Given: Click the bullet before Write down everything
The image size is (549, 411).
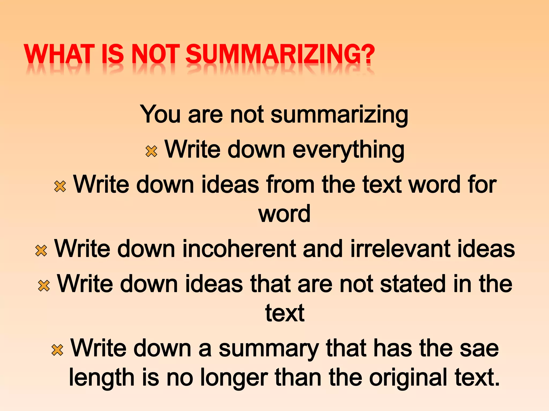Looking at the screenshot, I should click(x=151, y=151).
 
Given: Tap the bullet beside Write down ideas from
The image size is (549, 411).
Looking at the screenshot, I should click(x=60, y=186).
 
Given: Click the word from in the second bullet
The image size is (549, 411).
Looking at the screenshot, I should click(x=291, y=184).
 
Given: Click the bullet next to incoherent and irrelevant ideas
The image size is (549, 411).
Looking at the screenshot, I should click(x=41, y=251).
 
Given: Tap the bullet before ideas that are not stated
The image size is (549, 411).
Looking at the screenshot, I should click(x=44, y=286).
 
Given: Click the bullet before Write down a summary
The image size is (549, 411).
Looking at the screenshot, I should click(x=57, y=350).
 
